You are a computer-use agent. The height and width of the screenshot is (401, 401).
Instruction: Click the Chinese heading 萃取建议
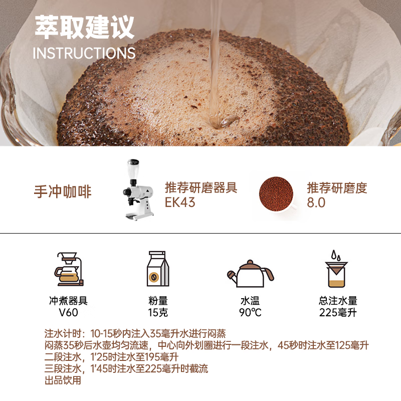tap(84, 27)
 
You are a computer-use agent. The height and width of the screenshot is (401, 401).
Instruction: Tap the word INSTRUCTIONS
tap(84, 53)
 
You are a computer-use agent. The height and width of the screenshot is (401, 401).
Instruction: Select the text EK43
tap(180, 203)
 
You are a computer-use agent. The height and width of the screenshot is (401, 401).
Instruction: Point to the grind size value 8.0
tap(316, 203)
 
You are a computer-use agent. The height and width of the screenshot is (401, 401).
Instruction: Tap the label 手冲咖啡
tap(63, 191)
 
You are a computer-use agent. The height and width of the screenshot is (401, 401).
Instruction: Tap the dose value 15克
tap(158, 313)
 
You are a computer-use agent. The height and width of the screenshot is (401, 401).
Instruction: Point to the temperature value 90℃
tap(250, 313)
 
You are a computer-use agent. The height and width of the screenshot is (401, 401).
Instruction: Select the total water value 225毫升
tap(338, 313)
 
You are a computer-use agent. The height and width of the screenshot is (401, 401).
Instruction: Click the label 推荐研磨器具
tap(201, 188)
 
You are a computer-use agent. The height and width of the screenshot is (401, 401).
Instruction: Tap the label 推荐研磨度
tap(337, 188)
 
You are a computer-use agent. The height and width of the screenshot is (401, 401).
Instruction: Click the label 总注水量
tap(338, 301)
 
